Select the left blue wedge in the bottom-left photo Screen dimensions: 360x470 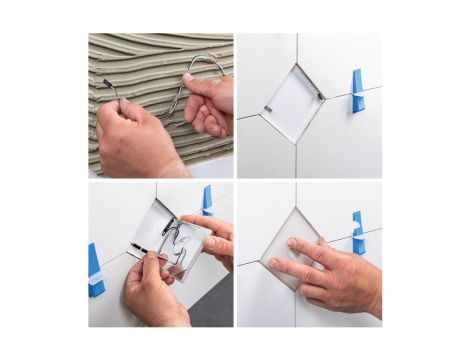[x=96, y=270]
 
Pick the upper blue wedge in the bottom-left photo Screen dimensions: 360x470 [x=207, y=199]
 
